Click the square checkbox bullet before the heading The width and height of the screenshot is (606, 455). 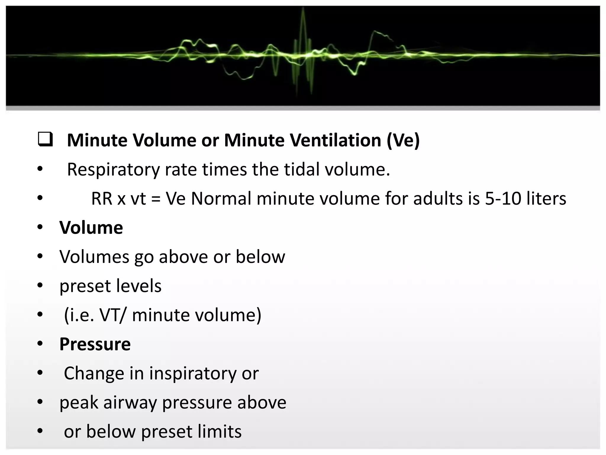pos(46,140)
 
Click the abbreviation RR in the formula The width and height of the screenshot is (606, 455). pos(101,198)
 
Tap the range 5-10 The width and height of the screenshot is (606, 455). pos(503,198)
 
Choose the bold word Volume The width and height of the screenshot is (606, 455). pos(91,227)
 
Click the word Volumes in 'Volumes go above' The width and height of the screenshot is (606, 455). pos(94,257)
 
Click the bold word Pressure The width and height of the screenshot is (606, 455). pos(95,344)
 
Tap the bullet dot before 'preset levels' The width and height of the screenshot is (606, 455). pos(40,286)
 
